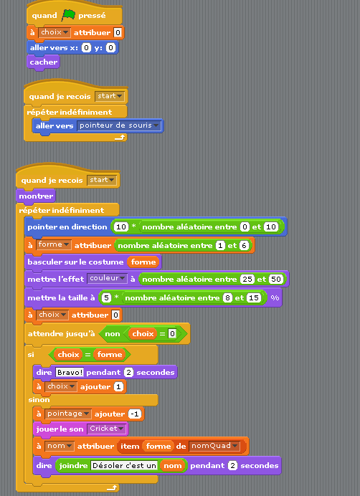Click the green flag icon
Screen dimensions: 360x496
[x=68, y=15]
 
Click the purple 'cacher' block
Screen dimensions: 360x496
[x=43, y=62]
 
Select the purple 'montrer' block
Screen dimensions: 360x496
[x=36, y=196]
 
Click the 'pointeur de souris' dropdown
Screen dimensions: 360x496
[x=119, y=125]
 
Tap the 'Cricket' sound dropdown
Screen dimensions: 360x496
[x=107, y=429]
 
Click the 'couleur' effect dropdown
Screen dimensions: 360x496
[x=108, y=278]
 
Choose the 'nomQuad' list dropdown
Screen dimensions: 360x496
[x=214, y=446]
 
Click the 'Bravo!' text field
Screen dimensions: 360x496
[x=70, y=372]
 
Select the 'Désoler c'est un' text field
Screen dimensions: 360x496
[x=124, y=466]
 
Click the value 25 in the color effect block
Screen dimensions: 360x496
[x=247, y=280]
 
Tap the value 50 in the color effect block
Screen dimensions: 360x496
[x=275, y=280]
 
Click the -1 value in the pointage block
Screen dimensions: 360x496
[x=135, y=414]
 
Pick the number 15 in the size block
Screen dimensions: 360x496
[x=254, y=298]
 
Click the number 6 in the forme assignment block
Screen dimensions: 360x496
[x=244, y=245]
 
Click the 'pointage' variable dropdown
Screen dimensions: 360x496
[x=68, y=414]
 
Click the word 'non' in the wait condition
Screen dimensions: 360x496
[x=113, y=334]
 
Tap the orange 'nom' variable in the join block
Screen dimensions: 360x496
[x=172, y=466]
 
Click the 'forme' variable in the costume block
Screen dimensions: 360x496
[x=143, y=262]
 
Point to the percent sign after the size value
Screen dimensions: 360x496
[x=275, y=298]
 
